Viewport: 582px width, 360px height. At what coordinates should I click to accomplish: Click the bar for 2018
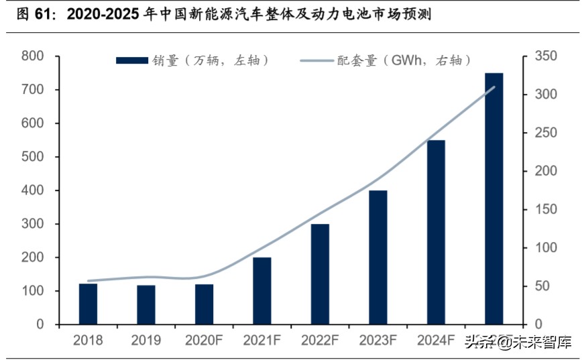click(x=88, y=304)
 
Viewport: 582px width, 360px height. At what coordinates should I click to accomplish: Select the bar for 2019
click(x=146, y=305)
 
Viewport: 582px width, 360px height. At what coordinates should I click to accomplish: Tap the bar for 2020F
click(x=204, y=304)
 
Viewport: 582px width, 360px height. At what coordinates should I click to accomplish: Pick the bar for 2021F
click(x=262, y=291)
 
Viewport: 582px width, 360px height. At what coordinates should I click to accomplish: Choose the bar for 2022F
click(x=320, y=274)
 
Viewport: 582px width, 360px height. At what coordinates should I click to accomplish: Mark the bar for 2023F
click(x=378, y=257)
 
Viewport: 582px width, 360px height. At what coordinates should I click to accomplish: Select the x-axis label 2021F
click(x=262, y=341)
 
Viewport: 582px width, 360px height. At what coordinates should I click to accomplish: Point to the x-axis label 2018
click(x=88, y=341)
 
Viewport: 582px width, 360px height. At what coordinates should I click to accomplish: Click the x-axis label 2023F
click(x=378, y=341)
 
